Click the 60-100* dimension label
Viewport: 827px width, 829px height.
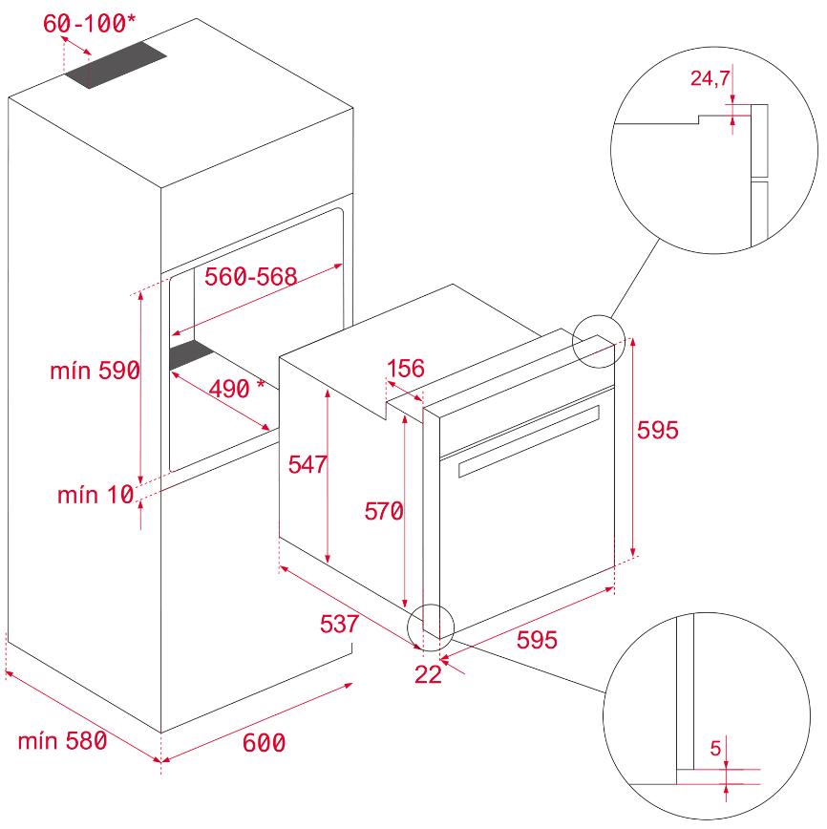point(89,23)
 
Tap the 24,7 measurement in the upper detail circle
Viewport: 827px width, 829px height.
point(710,78)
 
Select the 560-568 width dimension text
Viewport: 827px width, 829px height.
point(250,277)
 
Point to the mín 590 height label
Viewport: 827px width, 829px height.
point(95,371)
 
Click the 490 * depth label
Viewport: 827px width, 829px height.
point(237,389)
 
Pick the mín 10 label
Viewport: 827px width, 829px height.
point(95,495)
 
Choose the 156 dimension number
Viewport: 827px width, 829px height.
point(406,369)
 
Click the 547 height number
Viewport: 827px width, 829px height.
point(307,465)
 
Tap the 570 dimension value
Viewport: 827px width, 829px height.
point(384,511)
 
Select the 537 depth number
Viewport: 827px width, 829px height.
point(339,624)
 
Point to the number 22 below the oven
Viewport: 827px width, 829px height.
point(428,674)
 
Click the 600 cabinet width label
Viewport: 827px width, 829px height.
point(264,743)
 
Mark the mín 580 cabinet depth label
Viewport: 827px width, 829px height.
point(62,741)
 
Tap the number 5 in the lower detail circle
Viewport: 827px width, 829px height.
point(715,748)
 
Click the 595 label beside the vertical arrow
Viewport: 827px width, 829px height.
point(657,430)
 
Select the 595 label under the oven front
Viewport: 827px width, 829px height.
point(537,640)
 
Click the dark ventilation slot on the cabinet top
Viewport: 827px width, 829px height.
point(116,65)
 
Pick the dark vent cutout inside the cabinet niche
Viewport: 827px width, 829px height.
point(192,354)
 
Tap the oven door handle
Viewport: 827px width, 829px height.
point(529,441)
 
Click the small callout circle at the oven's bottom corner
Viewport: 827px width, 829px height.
point(431,627)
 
